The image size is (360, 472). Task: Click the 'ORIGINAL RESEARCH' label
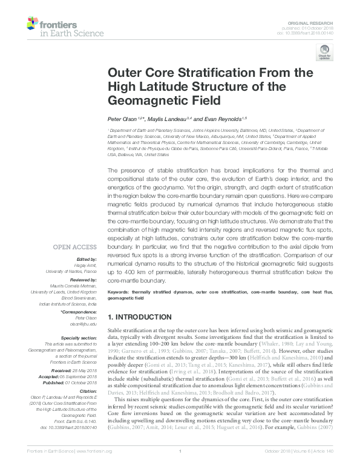320,21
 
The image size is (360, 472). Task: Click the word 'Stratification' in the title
197,73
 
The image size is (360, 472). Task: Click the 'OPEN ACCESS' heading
75,247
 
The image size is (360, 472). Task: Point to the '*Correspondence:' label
78,310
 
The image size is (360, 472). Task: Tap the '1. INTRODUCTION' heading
139,317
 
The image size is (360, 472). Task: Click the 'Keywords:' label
119,293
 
